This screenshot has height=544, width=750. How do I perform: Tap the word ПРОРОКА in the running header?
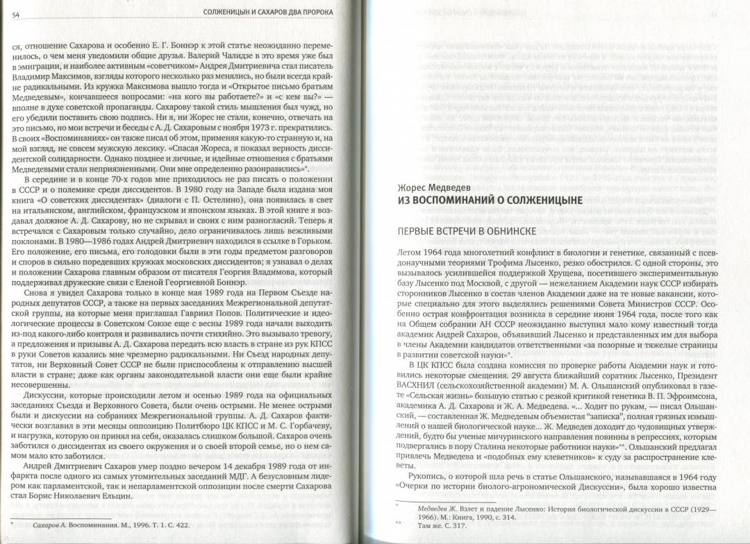(315, 12)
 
